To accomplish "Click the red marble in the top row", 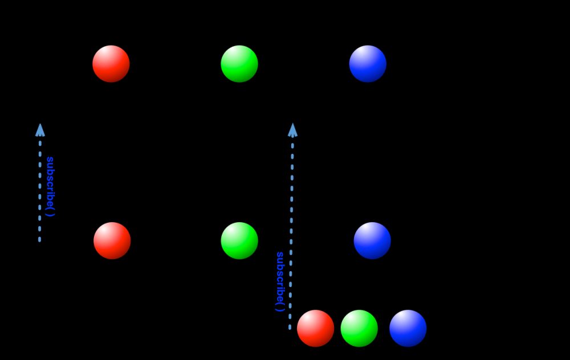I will pyautogui.click(x=111, y=64).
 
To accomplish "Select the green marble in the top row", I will pyautogui.click(x=239, y=64).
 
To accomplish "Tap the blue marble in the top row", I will pyautogui.click(x=368, y=64).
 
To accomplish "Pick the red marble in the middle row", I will pyautogui.click(x=112, y=240).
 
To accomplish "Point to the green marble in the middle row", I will pyautogui.click(x=239, y=240).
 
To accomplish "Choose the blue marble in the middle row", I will pyautogui.click(x=372, y=240).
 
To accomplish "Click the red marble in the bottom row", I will pyautogui.click(x=315, y=328).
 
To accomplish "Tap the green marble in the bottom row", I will pyautogui.click(x=359, y=328).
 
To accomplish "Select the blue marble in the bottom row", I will pyautogui.click(x=408, y=328).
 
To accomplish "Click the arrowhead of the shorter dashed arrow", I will pyautogui.click(x=40, y=130).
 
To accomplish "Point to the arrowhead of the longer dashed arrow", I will pyautogui.click(x=292, y=130).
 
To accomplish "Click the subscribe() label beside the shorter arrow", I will pyautogui.click(x=50, y=186).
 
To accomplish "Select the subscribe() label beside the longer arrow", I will pyautogui.click(x=280, y=281).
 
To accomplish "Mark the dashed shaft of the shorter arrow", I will pyautogui.click(x=40, y=188).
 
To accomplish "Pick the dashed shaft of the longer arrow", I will pyautogui.click(x=291, y=228).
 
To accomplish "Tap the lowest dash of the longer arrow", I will pyautogui.click(x=290, y=328).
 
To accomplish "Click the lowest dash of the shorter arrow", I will pyautogui.click(x=39, y=240).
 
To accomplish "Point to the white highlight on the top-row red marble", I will pyautogui.click(x=107, y=55).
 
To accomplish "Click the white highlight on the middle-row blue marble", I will pyautogui.click(x=368, y=231).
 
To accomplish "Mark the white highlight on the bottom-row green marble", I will pyautogui.click(x=355, y=319).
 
